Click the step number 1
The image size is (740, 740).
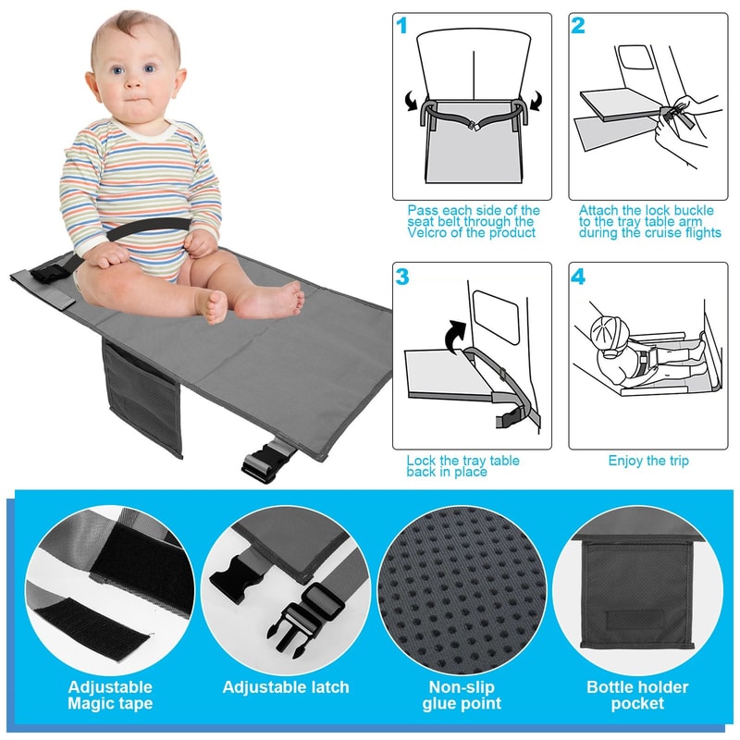click(x=401, y=25)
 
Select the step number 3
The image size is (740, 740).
click(x=401, y=276)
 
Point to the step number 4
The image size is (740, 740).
click(x=578, y=276)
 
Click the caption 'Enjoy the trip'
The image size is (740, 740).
click(x=647, y=461)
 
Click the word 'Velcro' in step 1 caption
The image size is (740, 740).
click(x=429, y=233)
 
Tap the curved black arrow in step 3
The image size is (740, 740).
click(x=453, y=334)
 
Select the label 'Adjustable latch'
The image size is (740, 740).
click(x=286, y=687)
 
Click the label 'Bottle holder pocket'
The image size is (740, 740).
click(x=638, y=695)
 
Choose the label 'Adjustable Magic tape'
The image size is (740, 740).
click(x=110, y=695)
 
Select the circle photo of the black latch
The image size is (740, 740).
click(x=286, y=589)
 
